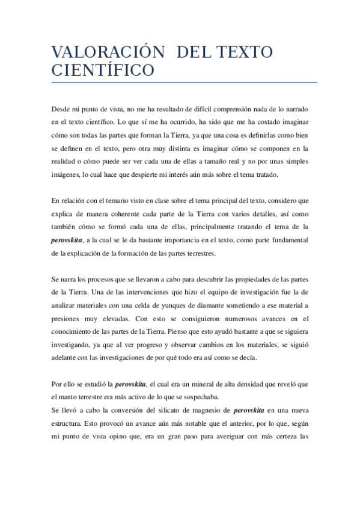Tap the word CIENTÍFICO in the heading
point(103,70)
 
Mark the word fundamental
point(287,240)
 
